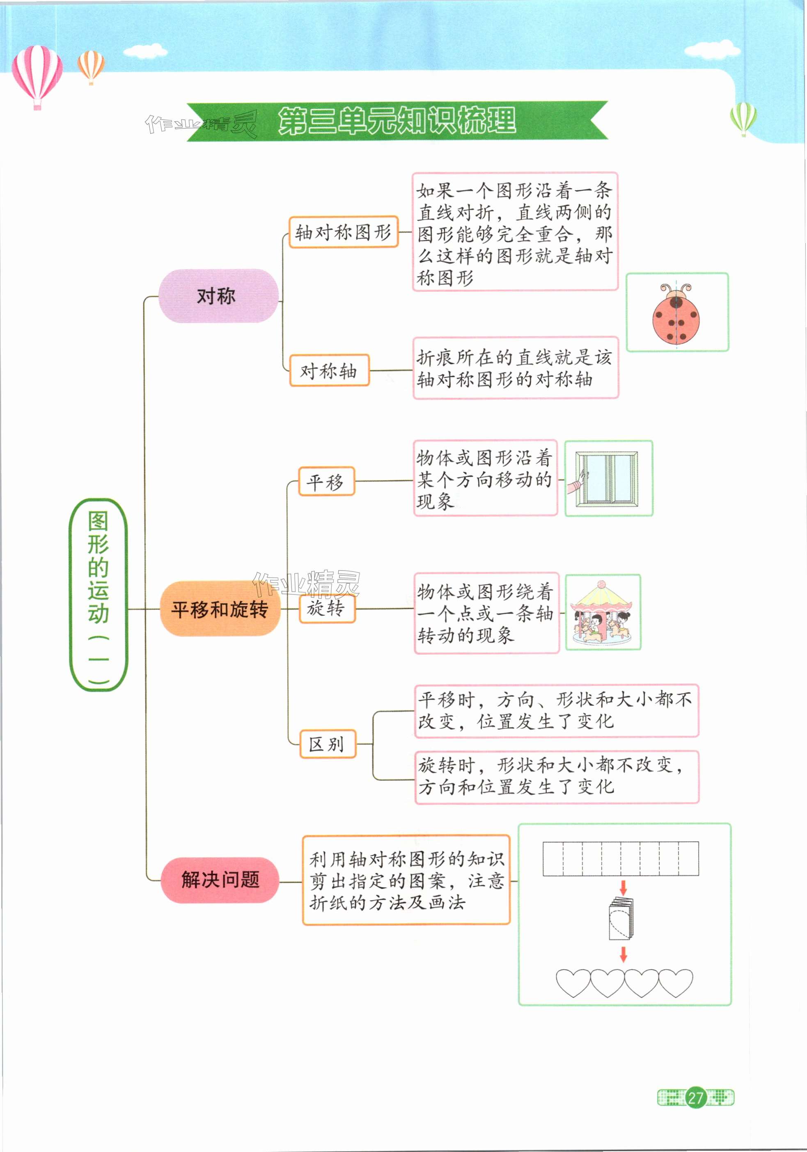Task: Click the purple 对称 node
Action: coord(218,296)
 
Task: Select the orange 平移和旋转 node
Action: coord(220,609)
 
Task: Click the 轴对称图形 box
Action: coord(343,232)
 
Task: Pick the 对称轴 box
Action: coord(329,371)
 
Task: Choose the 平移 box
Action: coord(326,482)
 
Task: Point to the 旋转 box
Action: coord(326,608)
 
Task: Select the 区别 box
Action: coord(327,744)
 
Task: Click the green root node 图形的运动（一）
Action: coord(98,594)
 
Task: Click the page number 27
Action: coord(695,1098)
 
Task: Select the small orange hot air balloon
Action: coord(91,66)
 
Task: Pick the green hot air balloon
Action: coord(743,118)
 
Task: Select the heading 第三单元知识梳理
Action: coord(397,121)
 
